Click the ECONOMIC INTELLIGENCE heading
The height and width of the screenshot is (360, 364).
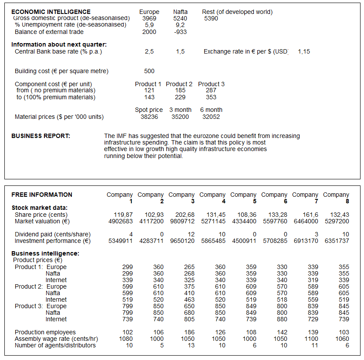coord(51,12)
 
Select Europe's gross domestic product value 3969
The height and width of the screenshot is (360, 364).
coord(149,18)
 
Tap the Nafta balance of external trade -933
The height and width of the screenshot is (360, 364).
coord(180,32)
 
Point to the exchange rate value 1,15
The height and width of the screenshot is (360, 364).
coord(304,51)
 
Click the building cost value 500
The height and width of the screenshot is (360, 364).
coord(149,71)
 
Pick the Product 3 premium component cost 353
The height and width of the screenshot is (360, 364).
coord(211,97)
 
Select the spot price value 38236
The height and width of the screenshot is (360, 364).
coord(149,117)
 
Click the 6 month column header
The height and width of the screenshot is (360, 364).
coord(211,110)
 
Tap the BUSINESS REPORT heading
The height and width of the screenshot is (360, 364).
coord(40,136)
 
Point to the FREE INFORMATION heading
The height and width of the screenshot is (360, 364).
coord(42,195)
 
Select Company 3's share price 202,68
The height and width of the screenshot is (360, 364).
coord(185,215)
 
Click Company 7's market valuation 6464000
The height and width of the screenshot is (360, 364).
coord(306,221)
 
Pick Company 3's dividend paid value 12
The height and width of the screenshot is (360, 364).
coord(191,235)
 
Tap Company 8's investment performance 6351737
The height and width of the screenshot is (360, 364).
coord(337,241)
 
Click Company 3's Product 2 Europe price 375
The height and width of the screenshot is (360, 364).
coord(189,286)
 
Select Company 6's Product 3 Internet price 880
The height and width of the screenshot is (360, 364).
coord(282,319)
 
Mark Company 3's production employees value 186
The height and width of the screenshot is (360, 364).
coord(189,332)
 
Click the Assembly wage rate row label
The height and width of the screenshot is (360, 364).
coord(57,339)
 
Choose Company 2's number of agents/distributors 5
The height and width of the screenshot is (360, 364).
coord(162,345)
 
